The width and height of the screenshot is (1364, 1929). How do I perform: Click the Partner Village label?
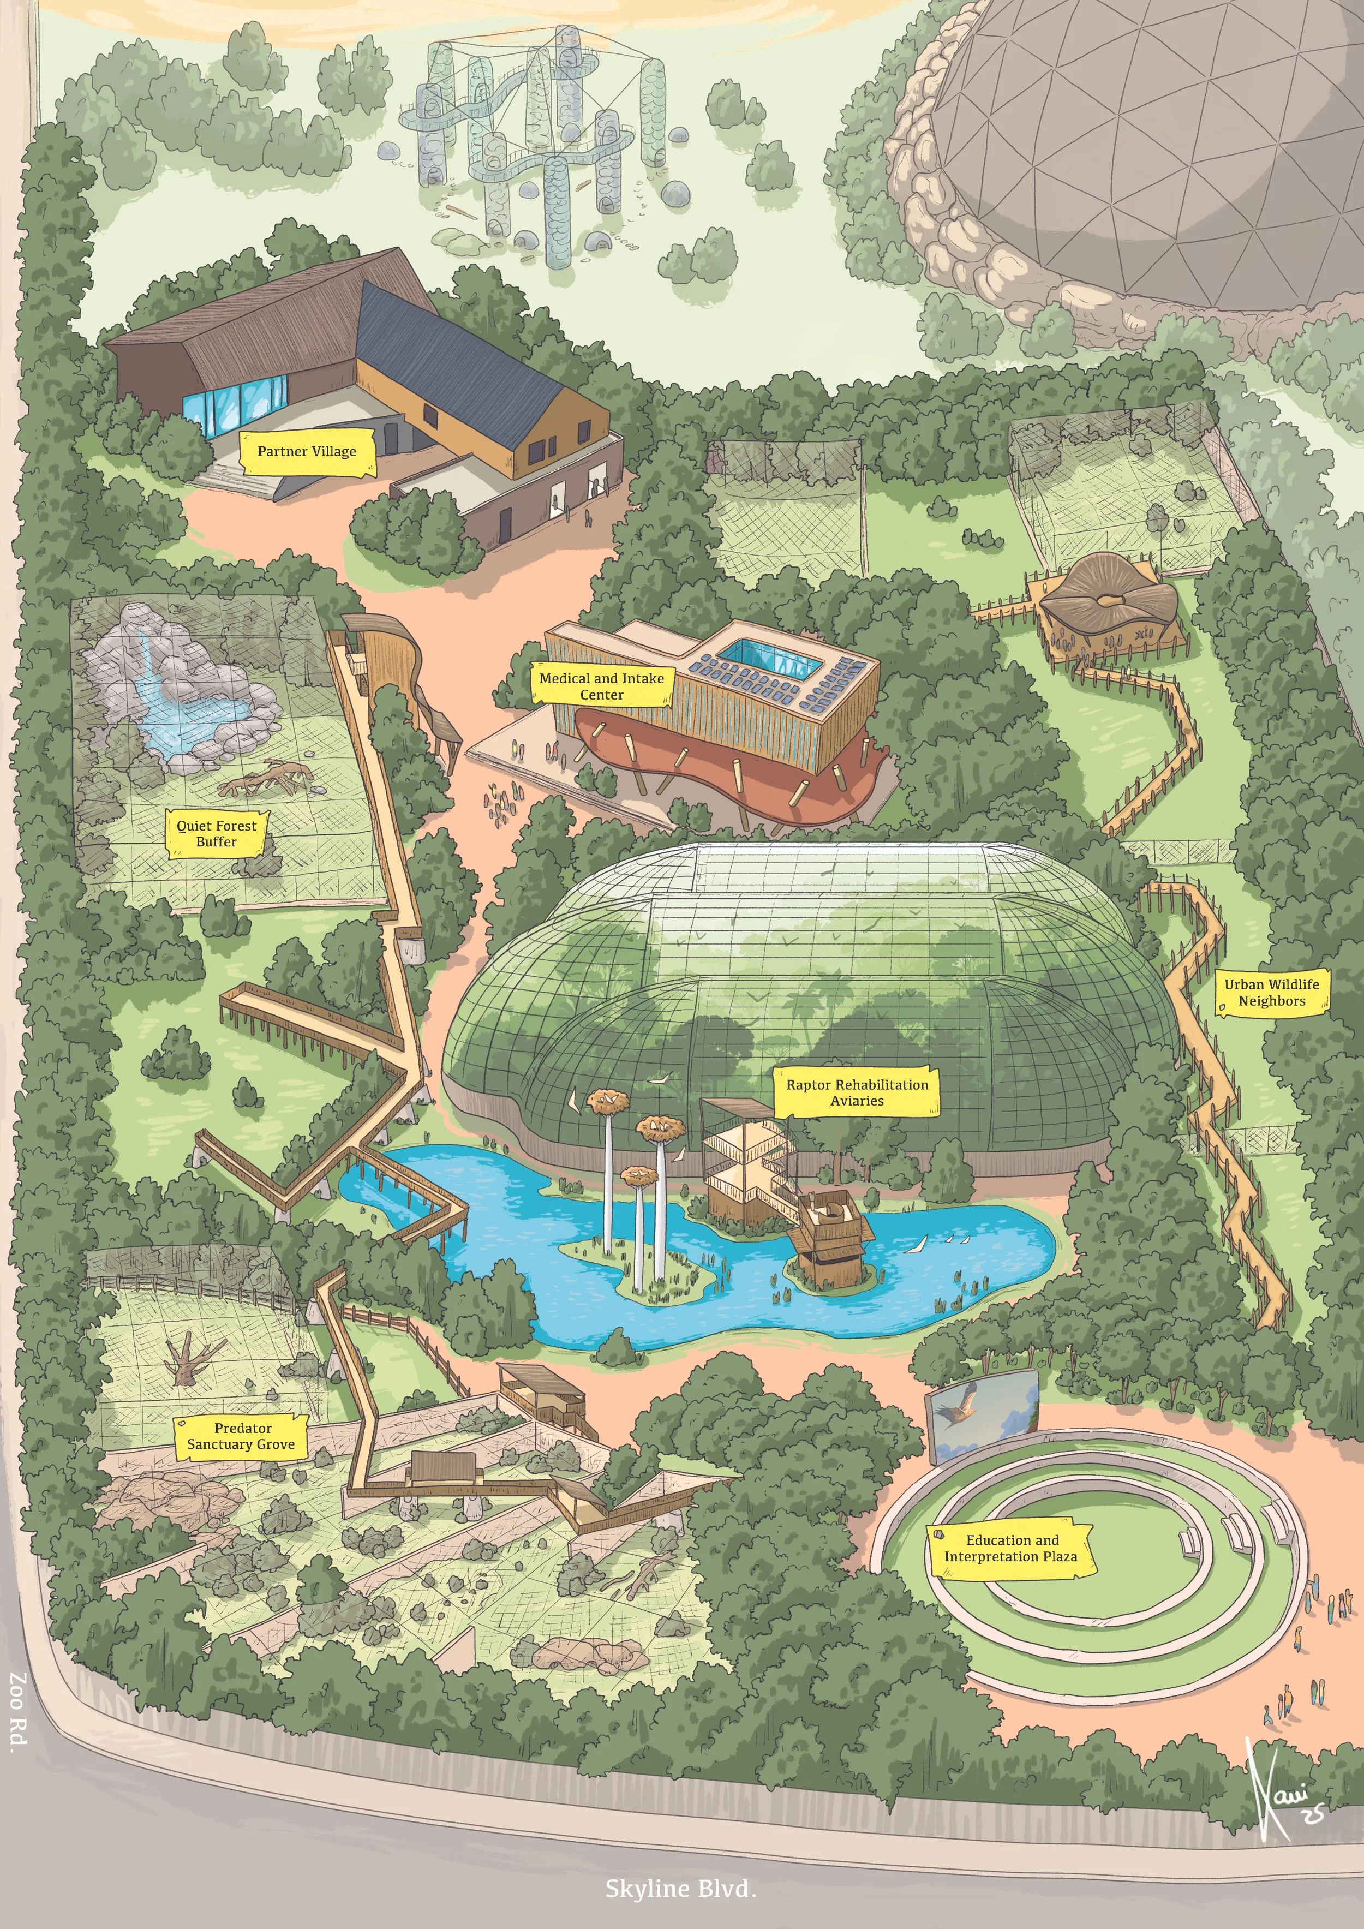pos(307,451)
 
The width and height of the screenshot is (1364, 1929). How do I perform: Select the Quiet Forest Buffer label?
pos(217,833)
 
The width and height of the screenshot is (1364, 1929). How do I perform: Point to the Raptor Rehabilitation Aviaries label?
pos(857,1092)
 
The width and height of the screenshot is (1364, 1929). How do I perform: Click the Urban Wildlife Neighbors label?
pos(1272,992)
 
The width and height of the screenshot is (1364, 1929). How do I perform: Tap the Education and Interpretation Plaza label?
pos(1010,1548)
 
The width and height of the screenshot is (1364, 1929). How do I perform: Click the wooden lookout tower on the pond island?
pos(827,1235)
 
